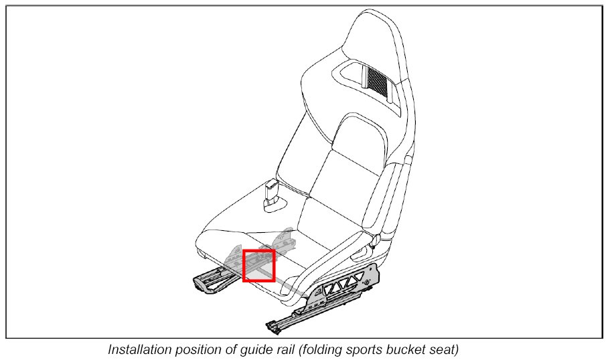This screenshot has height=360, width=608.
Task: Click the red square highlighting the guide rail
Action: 258,265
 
